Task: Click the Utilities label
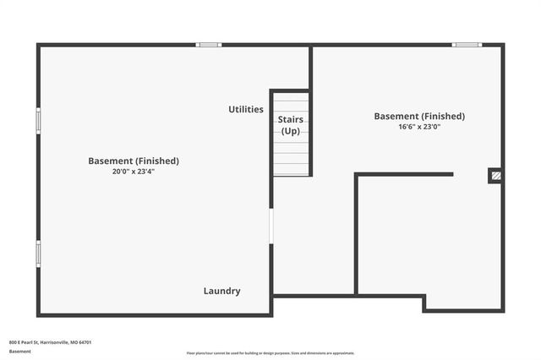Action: tap(246, 109)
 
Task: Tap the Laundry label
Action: tap(221, 291)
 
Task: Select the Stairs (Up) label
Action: tap(291, 125)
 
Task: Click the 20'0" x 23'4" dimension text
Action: tap(134, 172)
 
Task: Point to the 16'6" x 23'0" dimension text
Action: tap(419, 127)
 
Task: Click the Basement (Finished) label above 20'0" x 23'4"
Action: tap(134, 161)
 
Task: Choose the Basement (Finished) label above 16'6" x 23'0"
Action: tap(419, 116)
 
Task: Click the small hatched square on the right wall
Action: tap(496, 176)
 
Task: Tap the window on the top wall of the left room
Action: tap(209, 45)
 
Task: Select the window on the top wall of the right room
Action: tap(467, 45)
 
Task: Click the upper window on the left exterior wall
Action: tap(38, 120)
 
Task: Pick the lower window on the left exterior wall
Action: tap(38, 254)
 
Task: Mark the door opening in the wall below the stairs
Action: tap(271, 226)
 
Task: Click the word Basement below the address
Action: tap(19, 351)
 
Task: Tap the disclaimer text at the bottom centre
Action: tap(270, 353)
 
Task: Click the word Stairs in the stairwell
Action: tap(291, 119)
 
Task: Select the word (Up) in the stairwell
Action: tap(291, 131)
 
